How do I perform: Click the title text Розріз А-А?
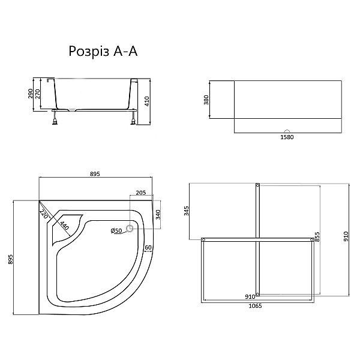(103, 52)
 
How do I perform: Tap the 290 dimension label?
(31, 94)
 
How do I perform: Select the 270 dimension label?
(37, 94)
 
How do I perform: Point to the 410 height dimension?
(147, 101)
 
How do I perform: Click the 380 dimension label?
(206, 100)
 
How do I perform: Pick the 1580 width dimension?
(287, 137)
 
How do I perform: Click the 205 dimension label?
(141, 193)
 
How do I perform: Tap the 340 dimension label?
(158, 215)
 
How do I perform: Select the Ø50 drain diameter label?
(116, 230)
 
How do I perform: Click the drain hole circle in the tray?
(130, 228)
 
